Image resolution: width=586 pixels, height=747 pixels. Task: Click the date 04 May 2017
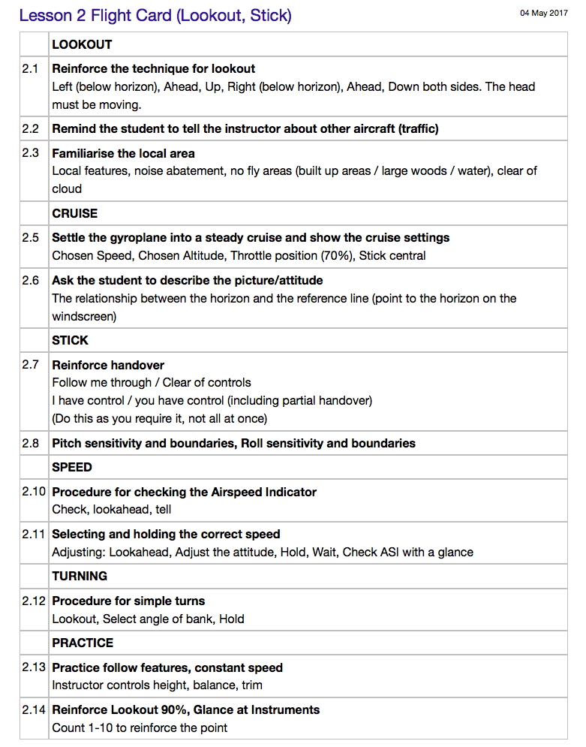pyautogui.click(x=543, y=13)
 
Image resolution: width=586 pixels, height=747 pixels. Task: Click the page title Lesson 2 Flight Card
pyautogui.click(x=155, y=15)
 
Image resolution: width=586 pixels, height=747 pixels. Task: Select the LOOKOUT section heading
pyautogui.click(x=82, y=44)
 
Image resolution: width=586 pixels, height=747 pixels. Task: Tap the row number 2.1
pyautogui.click(x=30, y=68)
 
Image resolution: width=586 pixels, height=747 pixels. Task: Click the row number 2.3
pyautogui.click(x=30, y=153)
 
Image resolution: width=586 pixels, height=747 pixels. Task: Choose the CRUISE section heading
pyautogui.click(x=75, y=213)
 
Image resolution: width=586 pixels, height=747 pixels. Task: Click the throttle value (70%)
pyautogui.click(x=337, y=255)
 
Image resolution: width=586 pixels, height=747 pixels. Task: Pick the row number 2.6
pyautogui.click(x=30, y=280)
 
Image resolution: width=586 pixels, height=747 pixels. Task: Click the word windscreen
pyautogui.click(x=84, y=316)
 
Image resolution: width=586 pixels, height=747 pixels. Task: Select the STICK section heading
pyautogui.click(x=70, y=340)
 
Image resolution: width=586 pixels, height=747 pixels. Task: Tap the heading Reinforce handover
pyautogui.click(x=108, y=365)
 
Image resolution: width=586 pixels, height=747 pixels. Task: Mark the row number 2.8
pyautogui.click(x=30, y=443)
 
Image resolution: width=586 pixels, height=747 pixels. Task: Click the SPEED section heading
pyautogui.click(x=72, y=467)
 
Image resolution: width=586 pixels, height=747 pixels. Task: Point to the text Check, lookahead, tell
pyautogui.click(x=112, y=510)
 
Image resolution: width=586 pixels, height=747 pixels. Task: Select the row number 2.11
pyautogui.click(x=34, y=535)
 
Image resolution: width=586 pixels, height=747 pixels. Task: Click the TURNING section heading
pyautogui.click(x=80, y=576)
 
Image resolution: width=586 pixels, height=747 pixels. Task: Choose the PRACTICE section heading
pyautogui.click(x=83, y=643)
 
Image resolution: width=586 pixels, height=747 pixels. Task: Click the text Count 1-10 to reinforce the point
pyautogui.click(x=140, y=727)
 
